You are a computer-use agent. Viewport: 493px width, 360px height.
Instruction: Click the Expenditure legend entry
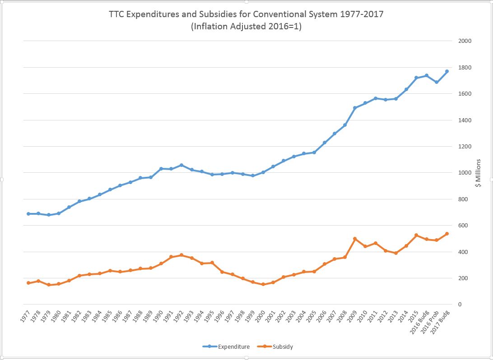(x=233, y=346)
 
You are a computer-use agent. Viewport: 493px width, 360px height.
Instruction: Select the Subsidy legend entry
(x=283, y=346)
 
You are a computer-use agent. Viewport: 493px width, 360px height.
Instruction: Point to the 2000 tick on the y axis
(x=465, y=41)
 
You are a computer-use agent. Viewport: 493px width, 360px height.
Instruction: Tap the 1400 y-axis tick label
(x=465, y=120)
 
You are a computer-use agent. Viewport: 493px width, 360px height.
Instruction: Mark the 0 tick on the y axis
(x=460, y=305)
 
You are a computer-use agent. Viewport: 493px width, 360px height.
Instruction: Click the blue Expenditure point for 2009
(x=355, y=108)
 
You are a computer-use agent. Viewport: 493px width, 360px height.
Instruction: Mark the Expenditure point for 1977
(x=28, y=214)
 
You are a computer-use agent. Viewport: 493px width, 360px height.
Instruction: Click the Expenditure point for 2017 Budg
(x=446, y=71)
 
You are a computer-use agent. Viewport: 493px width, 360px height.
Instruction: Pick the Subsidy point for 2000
(x=263, y=284)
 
